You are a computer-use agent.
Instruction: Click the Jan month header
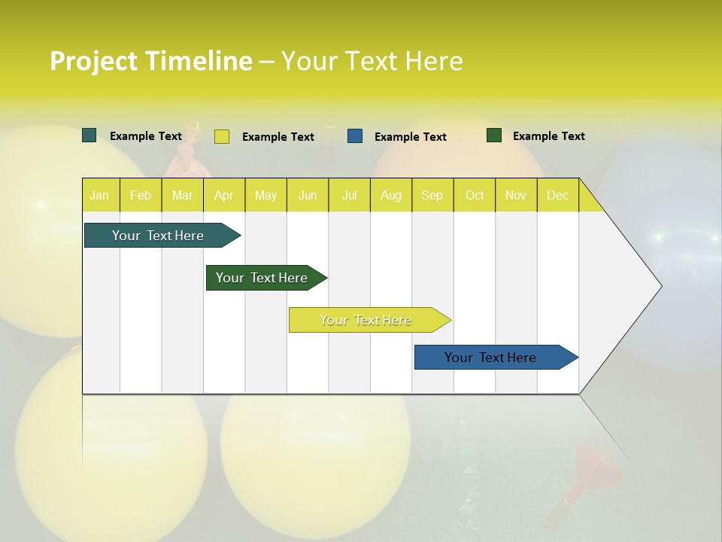[99, 195]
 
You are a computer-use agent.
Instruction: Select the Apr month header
[223, 195]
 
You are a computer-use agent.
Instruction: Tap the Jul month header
[349, 195]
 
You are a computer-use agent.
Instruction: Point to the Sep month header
[432, 195]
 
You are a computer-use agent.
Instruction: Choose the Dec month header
[557, 195]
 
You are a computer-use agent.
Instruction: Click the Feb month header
[141, 195]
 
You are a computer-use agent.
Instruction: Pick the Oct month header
[475, 195]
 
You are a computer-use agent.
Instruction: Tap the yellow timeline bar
[366, 320]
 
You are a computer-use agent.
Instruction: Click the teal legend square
[89, 135]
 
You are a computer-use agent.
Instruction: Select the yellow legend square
[222, 136]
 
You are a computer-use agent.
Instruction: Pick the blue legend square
[355, 136]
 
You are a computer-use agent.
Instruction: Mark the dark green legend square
[494, 135]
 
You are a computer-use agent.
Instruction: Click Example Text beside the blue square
[410, 137]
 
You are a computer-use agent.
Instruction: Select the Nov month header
[516, 195]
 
